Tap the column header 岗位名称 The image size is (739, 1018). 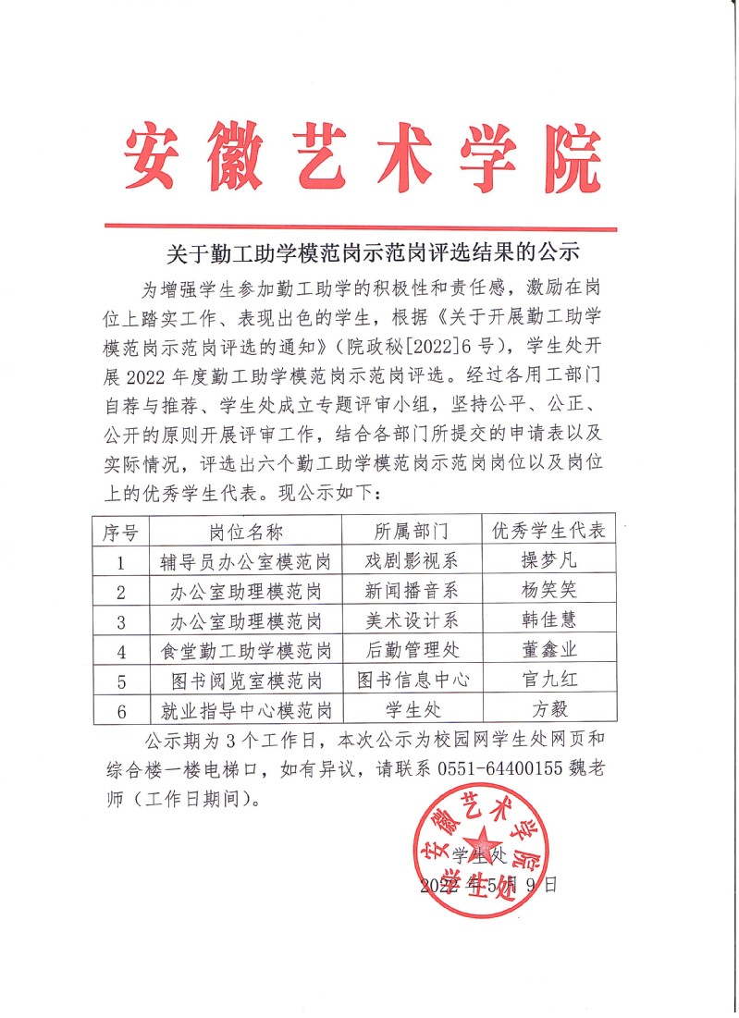(245, 532)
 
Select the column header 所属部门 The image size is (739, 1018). (410, 532)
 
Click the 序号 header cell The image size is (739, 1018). (120, 532)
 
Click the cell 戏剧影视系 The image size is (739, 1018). (410, 561)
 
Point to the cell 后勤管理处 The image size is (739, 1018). (410, 650)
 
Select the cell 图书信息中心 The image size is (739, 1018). (410, 680)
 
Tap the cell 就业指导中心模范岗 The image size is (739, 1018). (245, 709)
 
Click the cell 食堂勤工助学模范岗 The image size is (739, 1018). (245, 650)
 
